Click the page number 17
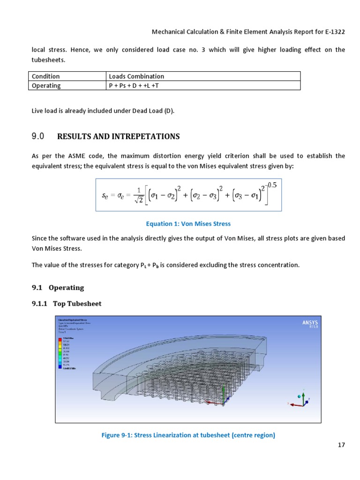(341, 445)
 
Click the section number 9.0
(37, 136)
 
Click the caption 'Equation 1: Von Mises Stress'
(188, 224)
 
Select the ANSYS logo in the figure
(310, 323)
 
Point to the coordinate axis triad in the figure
(300, 401)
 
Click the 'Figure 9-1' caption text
(188, 435)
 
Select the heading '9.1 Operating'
(58, 287)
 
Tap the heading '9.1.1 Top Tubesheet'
(66, 303)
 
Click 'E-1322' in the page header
(333, 32)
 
